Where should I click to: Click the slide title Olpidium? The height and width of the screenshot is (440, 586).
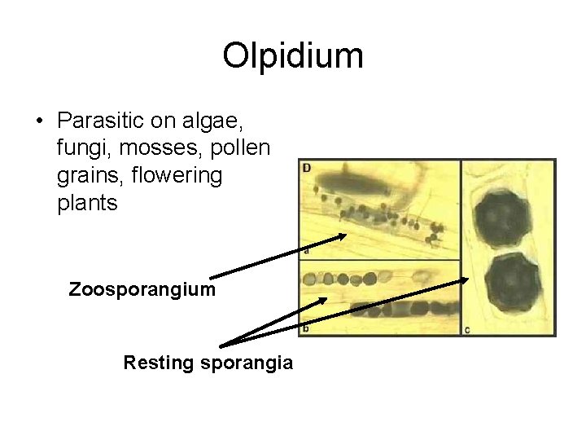(x=293, y=55)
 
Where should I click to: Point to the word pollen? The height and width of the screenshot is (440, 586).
(x=236, y=148)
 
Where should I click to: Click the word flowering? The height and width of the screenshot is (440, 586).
(x=179, y=175)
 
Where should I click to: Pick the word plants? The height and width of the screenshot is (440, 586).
(x=88, y=202)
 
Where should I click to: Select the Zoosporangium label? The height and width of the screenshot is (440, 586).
(x=142, y=289)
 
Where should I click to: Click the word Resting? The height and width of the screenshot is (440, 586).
(x=156, y=363)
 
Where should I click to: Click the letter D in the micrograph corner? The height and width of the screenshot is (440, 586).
(x=307, y=169)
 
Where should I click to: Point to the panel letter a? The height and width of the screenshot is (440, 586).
(x=306, y=251)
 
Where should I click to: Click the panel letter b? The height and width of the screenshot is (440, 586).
(x=306, y=328)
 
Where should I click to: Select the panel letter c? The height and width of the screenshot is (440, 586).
(x=466, y=328)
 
